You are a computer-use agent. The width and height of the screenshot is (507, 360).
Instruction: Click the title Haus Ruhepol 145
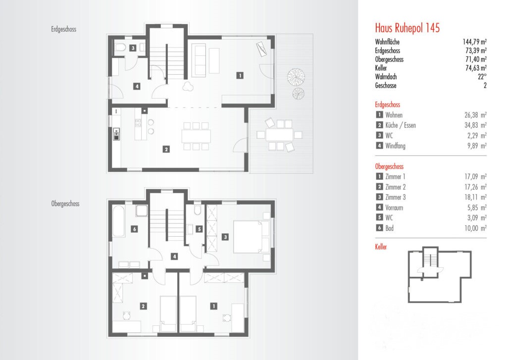pos(407,28)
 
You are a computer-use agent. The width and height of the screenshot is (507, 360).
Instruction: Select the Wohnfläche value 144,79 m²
pos(475,42)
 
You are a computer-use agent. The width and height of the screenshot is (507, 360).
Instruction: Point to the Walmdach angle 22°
pos(482,77)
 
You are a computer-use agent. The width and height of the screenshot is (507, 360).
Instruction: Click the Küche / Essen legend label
pos(400,125)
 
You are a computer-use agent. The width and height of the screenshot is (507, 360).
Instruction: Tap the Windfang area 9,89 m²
pos(477,146)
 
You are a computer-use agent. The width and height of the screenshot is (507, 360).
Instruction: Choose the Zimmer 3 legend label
pos(395,197)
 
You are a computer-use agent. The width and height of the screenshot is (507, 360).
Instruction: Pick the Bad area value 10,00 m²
pos(476,228)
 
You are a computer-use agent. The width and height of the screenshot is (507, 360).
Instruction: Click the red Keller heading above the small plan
pos(381,247)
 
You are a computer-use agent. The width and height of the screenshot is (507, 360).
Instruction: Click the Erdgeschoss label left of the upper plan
pos(64,29)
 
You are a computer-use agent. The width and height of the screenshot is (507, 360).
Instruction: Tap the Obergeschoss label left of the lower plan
pos(65,204)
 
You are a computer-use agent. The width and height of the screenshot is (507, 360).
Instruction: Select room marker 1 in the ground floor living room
pos(240,75)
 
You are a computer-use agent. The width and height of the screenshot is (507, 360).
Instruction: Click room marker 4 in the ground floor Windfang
pos(137,86)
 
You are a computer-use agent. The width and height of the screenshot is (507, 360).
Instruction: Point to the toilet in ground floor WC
pos(120,48)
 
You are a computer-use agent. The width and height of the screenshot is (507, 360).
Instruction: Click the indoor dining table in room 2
pos(196,136)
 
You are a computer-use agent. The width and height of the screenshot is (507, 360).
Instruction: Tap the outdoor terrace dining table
pos(280,135)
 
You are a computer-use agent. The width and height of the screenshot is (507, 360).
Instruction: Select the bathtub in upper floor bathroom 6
pos(118,221)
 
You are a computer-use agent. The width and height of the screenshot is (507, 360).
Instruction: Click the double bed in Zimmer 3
pos(251,237)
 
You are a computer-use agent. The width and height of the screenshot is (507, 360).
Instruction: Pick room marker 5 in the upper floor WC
pos(199,229)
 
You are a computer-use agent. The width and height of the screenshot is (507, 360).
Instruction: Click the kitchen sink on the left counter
pos(116,135)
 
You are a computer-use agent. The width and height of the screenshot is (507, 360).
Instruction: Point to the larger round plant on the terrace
pos(296,77)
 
